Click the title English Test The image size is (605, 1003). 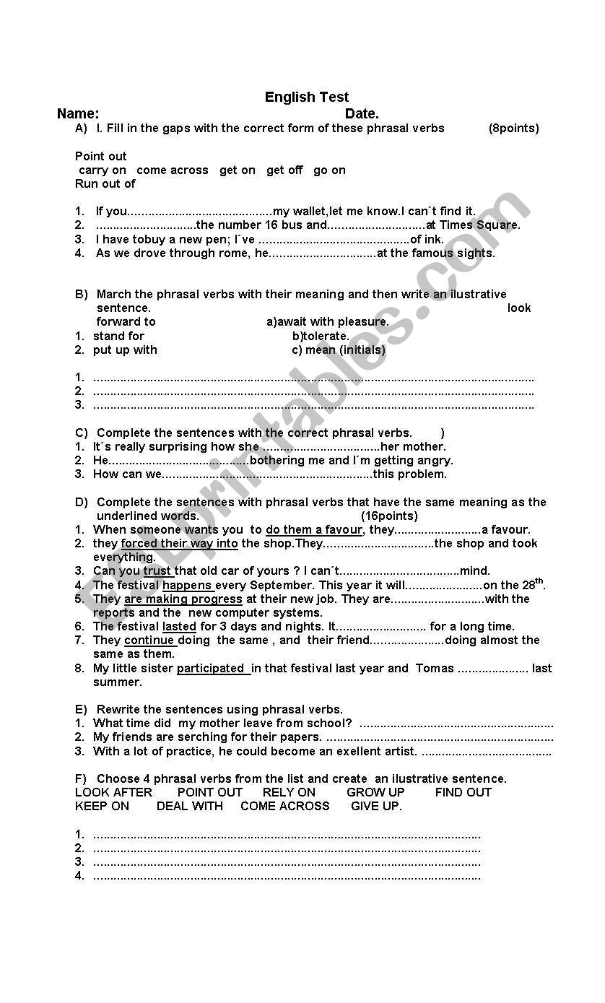pyautogui.click(x=306, y=97)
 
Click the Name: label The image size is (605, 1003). pyautogui.click(x=78, y=113)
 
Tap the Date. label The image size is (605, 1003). pyautogui.click(x=362, y=113)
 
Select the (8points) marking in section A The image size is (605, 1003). pyautogui.click(x=513, y=129)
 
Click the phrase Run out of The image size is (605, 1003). pyautogui.click(x=105, y=184)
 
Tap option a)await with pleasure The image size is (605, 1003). pyautogui.click(x=328, y=322)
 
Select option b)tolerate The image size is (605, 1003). pyautogui.click(x=321, y=336)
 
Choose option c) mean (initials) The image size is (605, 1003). pyautogui.click(x=339, y=350)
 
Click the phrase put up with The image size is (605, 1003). pyautogui.click(x=125, y=350)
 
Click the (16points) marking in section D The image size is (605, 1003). pyautogui.click(x=389, y=516)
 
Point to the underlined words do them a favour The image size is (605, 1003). pyautogui.click(x=314, y=530)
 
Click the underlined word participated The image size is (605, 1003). pyautogui.click(x=212, y=669)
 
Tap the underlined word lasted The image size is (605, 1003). pyautogui.click(x=179, y=627)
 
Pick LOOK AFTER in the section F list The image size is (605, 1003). pyautogui.click(x=113, y=793)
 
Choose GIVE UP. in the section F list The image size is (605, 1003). pyautogui.click(x=376, y=807)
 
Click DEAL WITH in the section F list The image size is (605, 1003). pyautogui.click(x=190, y=807)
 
